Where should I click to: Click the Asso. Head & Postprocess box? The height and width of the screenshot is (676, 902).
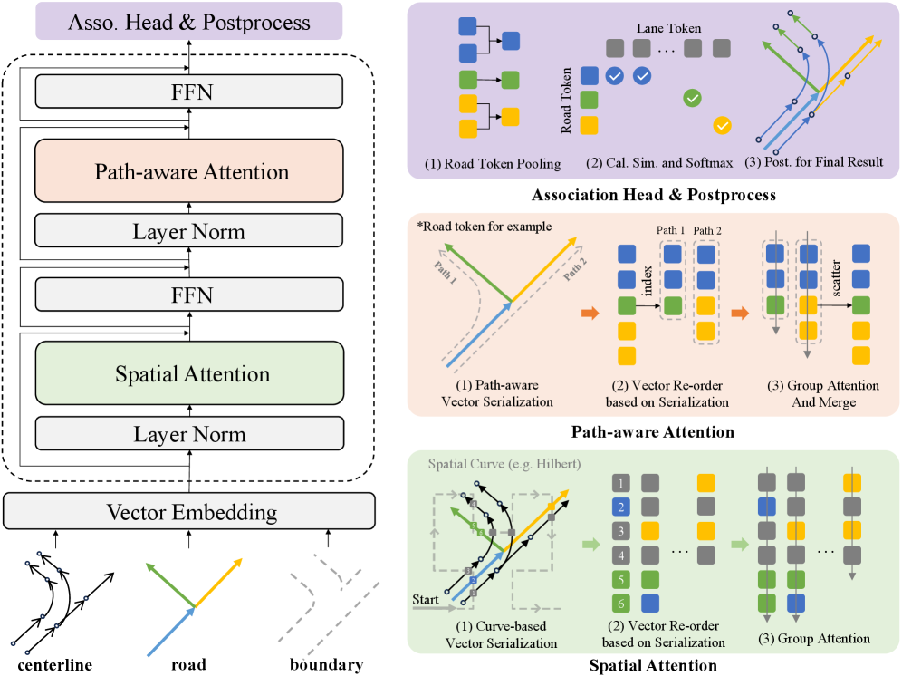tap(188, 22)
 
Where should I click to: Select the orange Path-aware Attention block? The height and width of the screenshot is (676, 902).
tap(188, 170)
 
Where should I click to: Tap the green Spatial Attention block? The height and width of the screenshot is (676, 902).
tap(188, 372)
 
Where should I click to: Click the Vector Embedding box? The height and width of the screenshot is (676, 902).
tap(188, 512)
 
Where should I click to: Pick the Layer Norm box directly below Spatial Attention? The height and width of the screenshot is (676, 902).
tap(188, 434)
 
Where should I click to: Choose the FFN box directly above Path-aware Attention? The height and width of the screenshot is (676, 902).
tap(188, 92)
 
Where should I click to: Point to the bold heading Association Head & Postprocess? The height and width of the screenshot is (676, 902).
tap(653, 195)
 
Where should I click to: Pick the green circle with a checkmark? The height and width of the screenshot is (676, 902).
tap(692, 97)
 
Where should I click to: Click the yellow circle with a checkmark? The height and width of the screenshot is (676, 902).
tap(723, 125)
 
